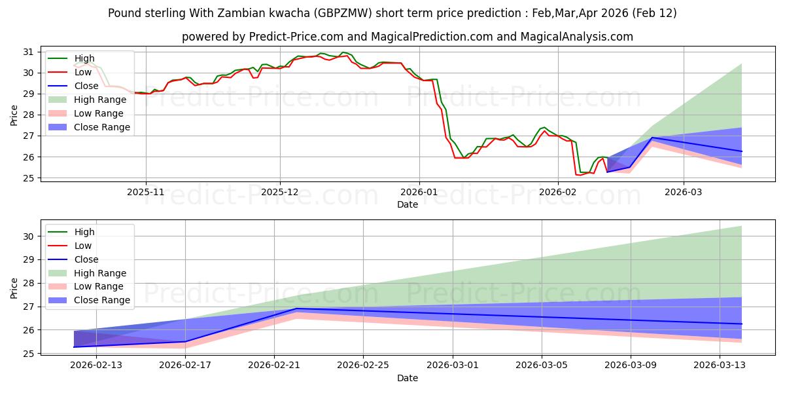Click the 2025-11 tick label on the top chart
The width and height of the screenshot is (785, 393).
coord(145,193)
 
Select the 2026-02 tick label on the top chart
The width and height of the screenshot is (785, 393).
coord(557,193)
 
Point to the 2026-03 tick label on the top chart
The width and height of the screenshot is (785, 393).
coord(684,193)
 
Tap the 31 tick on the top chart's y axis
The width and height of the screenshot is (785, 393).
coord(29,52)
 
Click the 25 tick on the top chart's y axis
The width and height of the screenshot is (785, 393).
coord(29,178)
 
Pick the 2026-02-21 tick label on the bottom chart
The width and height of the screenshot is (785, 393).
coord(274,365)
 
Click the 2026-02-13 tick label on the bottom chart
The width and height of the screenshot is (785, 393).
coord(96,365)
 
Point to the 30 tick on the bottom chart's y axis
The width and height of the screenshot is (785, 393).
coord(29,236)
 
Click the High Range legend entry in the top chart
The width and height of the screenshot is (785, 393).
coord(101,100)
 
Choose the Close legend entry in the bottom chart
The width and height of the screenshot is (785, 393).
coord(86,259)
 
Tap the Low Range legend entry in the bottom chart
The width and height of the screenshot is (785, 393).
coord(99,286)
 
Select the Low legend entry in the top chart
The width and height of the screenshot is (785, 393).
coord(82,72)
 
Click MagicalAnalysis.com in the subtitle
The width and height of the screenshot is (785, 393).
coord(576,37)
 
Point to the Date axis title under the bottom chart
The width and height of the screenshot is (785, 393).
coord(407,378)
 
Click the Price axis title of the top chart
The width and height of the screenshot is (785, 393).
coord(14,115)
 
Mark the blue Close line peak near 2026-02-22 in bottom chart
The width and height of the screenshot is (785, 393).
coord(296,309)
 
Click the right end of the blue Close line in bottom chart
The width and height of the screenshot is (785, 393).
coord(741,324)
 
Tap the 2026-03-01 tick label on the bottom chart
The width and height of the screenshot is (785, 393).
coord(453,365)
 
